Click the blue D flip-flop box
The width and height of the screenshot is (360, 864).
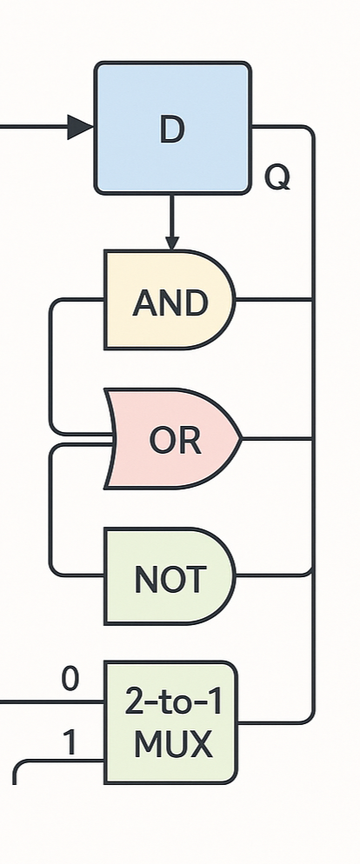(x=172, y=128)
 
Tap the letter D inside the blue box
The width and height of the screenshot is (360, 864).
(x=172, y=130)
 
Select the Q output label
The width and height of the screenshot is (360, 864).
(x=277, y=177)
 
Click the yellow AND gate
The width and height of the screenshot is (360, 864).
(x=170, y=300)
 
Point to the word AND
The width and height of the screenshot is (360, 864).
(x=170, y=302)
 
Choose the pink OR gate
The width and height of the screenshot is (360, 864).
(x=172, y=439)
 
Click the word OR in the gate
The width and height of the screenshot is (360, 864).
(x=176, y=441)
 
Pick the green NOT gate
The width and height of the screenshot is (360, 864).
(x=170, y=575)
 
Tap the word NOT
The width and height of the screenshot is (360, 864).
(x=170, y=580)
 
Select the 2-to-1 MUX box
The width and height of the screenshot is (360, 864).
(x=171, y=721)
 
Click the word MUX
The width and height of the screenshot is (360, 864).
(x=173, y=744)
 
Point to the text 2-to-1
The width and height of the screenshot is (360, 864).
(x=174, y=702)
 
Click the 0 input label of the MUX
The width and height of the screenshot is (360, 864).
(x=70, y=680)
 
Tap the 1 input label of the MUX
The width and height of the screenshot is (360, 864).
(x=70, y=743)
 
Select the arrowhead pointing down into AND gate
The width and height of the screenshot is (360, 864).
(x=172, y=243)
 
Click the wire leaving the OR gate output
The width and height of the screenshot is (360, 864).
(x=277, y=439)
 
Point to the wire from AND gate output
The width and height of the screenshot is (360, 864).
(x=275, y=300)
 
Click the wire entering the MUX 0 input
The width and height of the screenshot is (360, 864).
(x=52, y=702)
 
